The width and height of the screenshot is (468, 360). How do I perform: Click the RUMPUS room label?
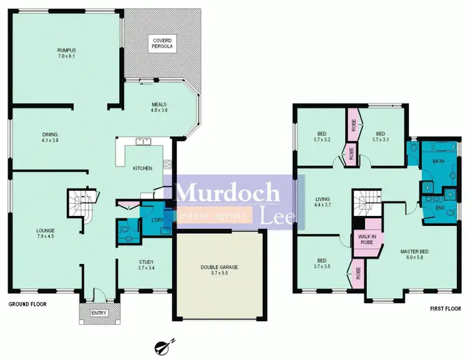pyautogui.click(x=66, y=54)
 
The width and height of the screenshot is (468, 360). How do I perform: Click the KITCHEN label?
pyautogui.click(x=142, y=168)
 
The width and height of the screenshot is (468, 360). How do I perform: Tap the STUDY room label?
pyautogui.click(x=145, y=265)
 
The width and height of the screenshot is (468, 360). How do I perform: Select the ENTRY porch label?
pyautogui.click(x=99, y=313)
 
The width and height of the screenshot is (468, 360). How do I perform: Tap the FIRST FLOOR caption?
pyautogui.click(x=445, y=309)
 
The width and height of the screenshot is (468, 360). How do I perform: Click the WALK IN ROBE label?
pyautogui.click(x=367, y=239)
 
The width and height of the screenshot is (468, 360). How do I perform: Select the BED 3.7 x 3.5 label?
pyautogui.click(x=322, y=263)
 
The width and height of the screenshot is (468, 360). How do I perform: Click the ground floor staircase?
pyautogui.click(x=80, y=203)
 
